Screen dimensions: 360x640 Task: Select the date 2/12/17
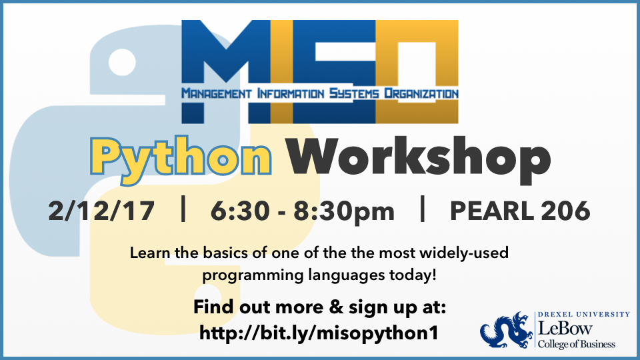pos(101,211)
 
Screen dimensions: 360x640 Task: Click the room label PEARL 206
pos(520,211)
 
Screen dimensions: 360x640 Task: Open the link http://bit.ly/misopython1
pos(319,333)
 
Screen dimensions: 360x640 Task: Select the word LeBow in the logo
pos(563,329)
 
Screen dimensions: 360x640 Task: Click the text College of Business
pos(577,344)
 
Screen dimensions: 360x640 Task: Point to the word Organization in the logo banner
pos(416,93)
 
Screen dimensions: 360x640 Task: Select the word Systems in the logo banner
pos(351,93)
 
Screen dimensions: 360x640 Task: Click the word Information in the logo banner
pos(287,93)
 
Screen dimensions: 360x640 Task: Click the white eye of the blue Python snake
pos(122,65)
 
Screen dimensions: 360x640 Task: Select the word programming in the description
pos(243,274)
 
